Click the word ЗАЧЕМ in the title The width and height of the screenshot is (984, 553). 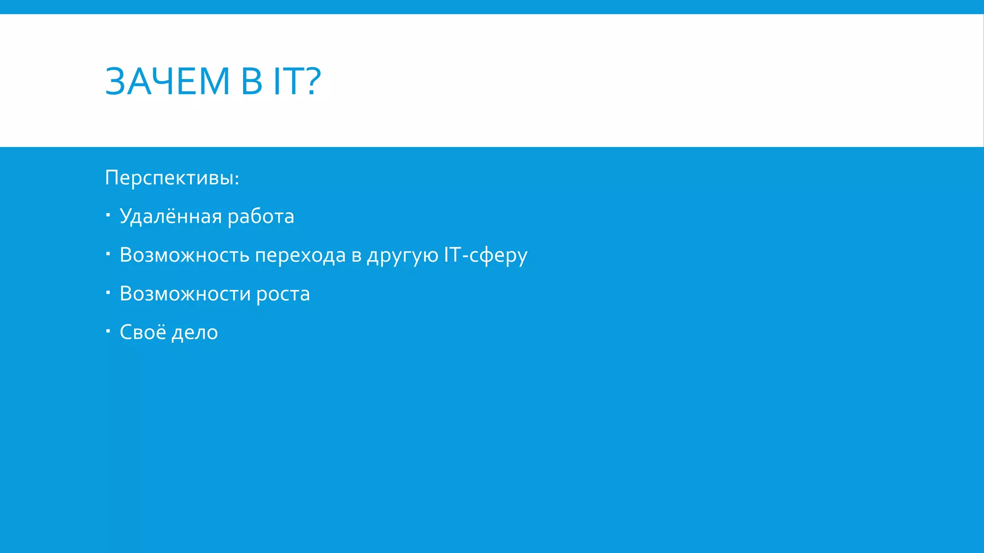pyautogui.click(x=167, y=81)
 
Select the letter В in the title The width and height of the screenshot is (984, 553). pyautogui.click(x=251, y=81)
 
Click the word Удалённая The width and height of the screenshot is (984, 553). pyautogui.click(x=171, y=216)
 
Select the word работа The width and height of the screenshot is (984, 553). pyautogui.click(x=260, y=216)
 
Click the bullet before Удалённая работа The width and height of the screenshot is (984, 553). pyautogui.click(x=108, y=214)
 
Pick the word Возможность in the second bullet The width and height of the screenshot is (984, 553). pyautogui.click(x=184, y=255)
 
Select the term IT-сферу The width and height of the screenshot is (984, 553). pyautogui.click(x=485, y=255)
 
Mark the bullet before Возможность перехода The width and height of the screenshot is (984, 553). pyautogui.click(x=108, y=252)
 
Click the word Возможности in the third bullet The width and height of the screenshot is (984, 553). pyautogui.click(x=185, y=293)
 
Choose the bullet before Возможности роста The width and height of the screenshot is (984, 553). pyautogui.click(x=108, y=291)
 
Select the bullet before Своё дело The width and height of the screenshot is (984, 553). pyautogui.click(x=108, y=330)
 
